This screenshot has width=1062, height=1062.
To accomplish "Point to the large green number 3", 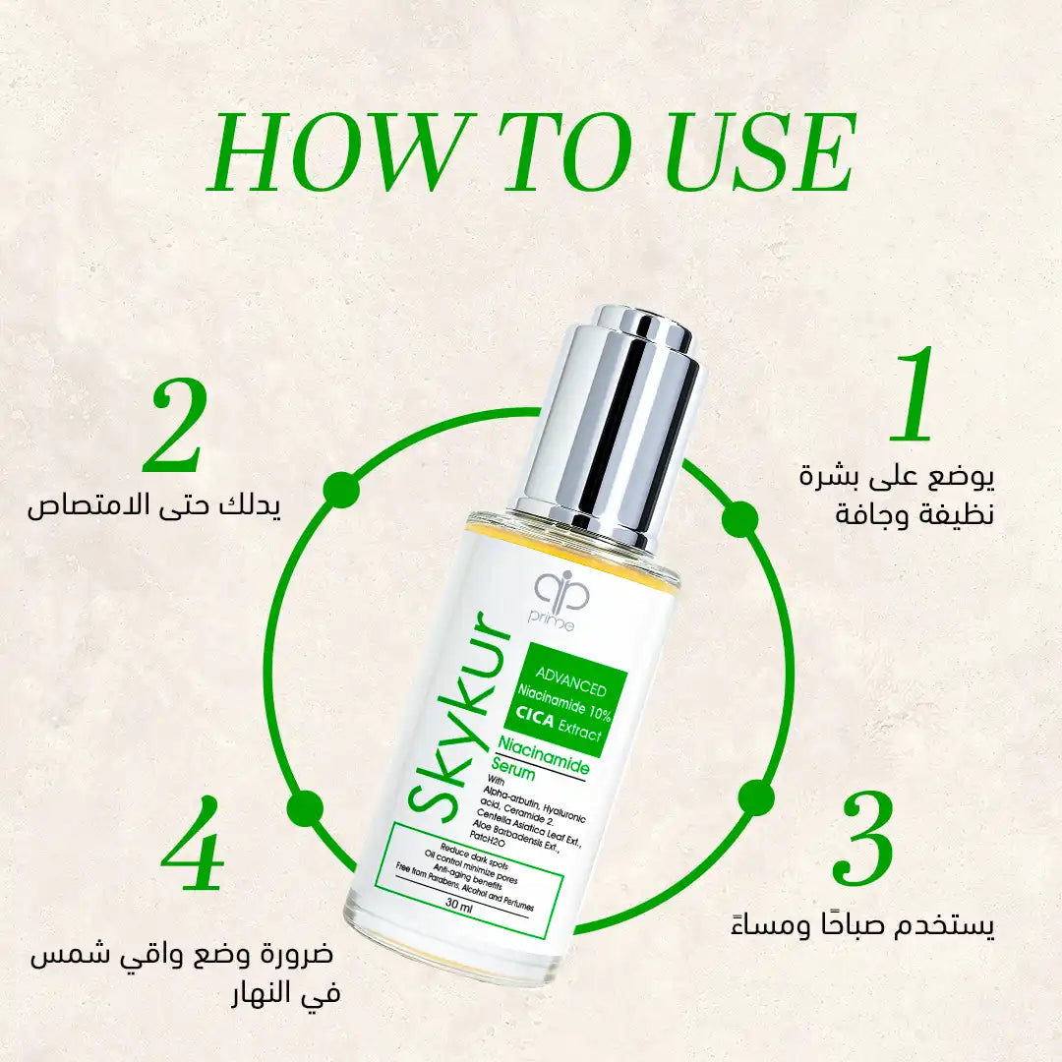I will click(x=862, y=839).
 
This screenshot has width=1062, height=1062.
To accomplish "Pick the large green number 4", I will click(x=193, y=844).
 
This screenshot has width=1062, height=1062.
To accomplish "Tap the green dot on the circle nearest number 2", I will click(x=340, y=489).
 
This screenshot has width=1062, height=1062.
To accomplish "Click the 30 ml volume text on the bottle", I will click(x=459, y=906).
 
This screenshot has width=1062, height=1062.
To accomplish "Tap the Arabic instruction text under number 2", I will click(x=153, y=506).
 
